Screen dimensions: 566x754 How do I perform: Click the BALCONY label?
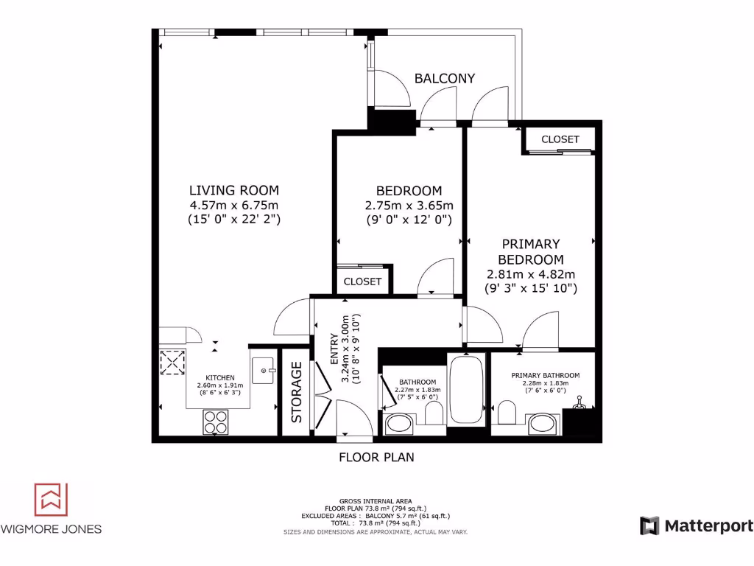point(444,78)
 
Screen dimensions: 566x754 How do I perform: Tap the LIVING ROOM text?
point(234,190)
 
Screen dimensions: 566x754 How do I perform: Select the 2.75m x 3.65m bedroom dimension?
point(409,206)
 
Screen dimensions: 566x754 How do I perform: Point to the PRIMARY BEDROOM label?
point(531,251)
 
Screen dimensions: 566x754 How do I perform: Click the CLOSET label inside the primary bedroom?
point(560,139)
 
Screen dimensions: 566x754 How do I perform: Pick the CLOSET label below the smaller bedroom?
point(362,282)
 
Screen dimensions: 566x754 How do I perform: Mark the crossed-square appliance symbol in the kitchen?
point(172,363)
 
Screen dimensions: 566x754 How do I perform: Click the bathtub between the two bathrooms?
point(466,390)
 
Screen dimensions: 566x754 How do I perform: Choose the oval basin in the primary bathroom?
point(543,424)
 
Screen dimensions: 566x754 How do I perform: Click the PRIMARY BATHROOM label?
point(545,375)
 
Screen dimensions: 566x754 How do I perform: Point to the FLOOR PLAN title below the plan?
point(376,457)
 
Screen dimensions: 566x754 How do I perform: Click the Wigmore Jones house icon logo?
point(51,500)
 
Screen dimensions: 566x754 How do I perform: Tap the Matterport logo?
point(697,525)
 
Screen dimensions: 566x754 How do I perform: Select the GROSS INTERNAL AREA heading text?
point(376,500)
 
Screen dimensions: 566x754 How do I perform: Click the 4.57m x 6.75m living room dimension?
point(234,205)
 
